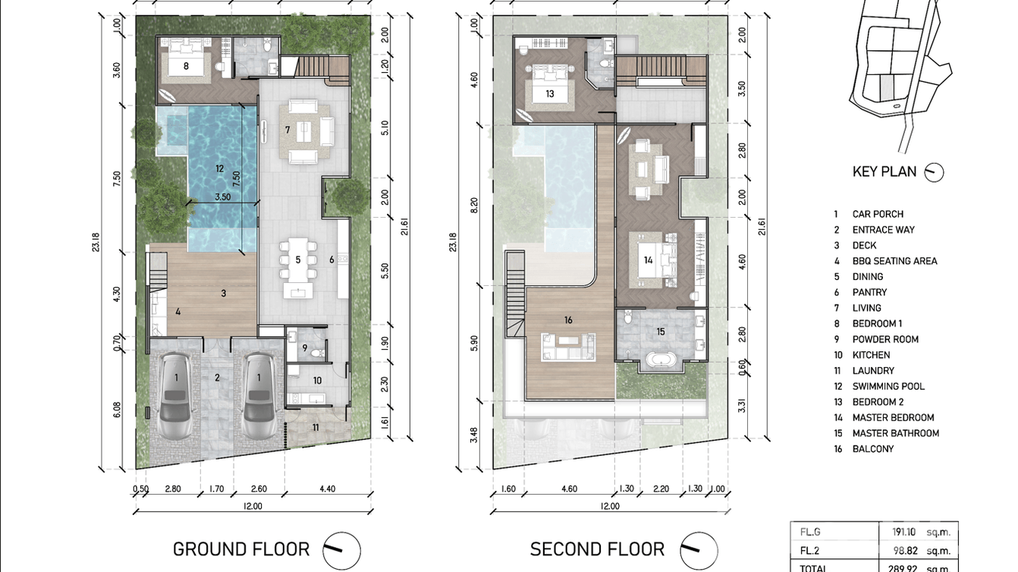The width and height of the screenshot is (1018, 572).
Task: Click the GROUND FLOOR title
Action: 241,549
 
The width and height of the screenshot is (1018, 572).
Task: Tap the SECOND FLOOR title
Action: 597,549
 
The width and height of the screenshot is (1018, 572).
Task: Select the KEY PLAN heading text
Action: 884,171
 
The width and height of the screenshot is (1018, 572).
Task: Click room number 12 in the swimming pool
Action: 219,169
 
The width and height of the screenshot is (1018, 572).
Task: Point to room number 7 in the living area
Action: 287,130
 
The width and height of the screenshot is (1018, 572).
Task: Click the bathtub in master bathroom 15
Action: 661,360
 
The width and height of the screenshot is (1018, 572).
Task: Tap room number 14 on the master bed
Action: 648,260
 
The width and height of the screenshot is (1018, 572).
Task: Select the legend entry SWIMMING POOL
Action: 888,386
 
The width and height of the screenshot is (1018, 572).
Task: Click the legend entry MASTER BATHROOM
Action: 896,433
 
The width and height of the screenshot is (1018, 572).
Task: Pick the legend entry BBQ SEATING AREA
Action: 895,261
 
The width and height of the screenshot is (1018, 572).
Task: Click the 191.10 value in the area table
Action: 903,532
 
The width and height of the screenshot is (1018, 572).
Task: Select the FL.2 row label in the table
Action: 810,551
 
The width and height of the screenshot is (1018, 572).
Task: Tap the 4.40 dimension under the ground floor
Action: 327,489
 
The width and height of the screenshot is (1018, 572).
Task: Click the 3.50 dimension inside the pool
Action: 223,197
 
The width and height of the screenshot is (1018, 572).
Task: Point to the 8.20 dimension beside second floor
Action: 474,206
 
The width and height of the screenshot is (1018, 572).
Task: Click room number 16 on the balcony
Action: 568,320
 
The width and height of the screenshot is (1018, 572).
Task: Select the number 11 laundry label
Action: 316,428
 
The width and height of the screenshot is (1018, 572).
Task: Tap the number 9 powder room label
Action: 305,348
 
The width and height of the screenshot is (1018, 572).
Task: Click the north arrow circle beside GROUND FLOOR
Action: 342,550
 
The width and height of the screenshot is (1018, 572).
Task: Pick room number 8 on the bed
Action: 186,66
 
